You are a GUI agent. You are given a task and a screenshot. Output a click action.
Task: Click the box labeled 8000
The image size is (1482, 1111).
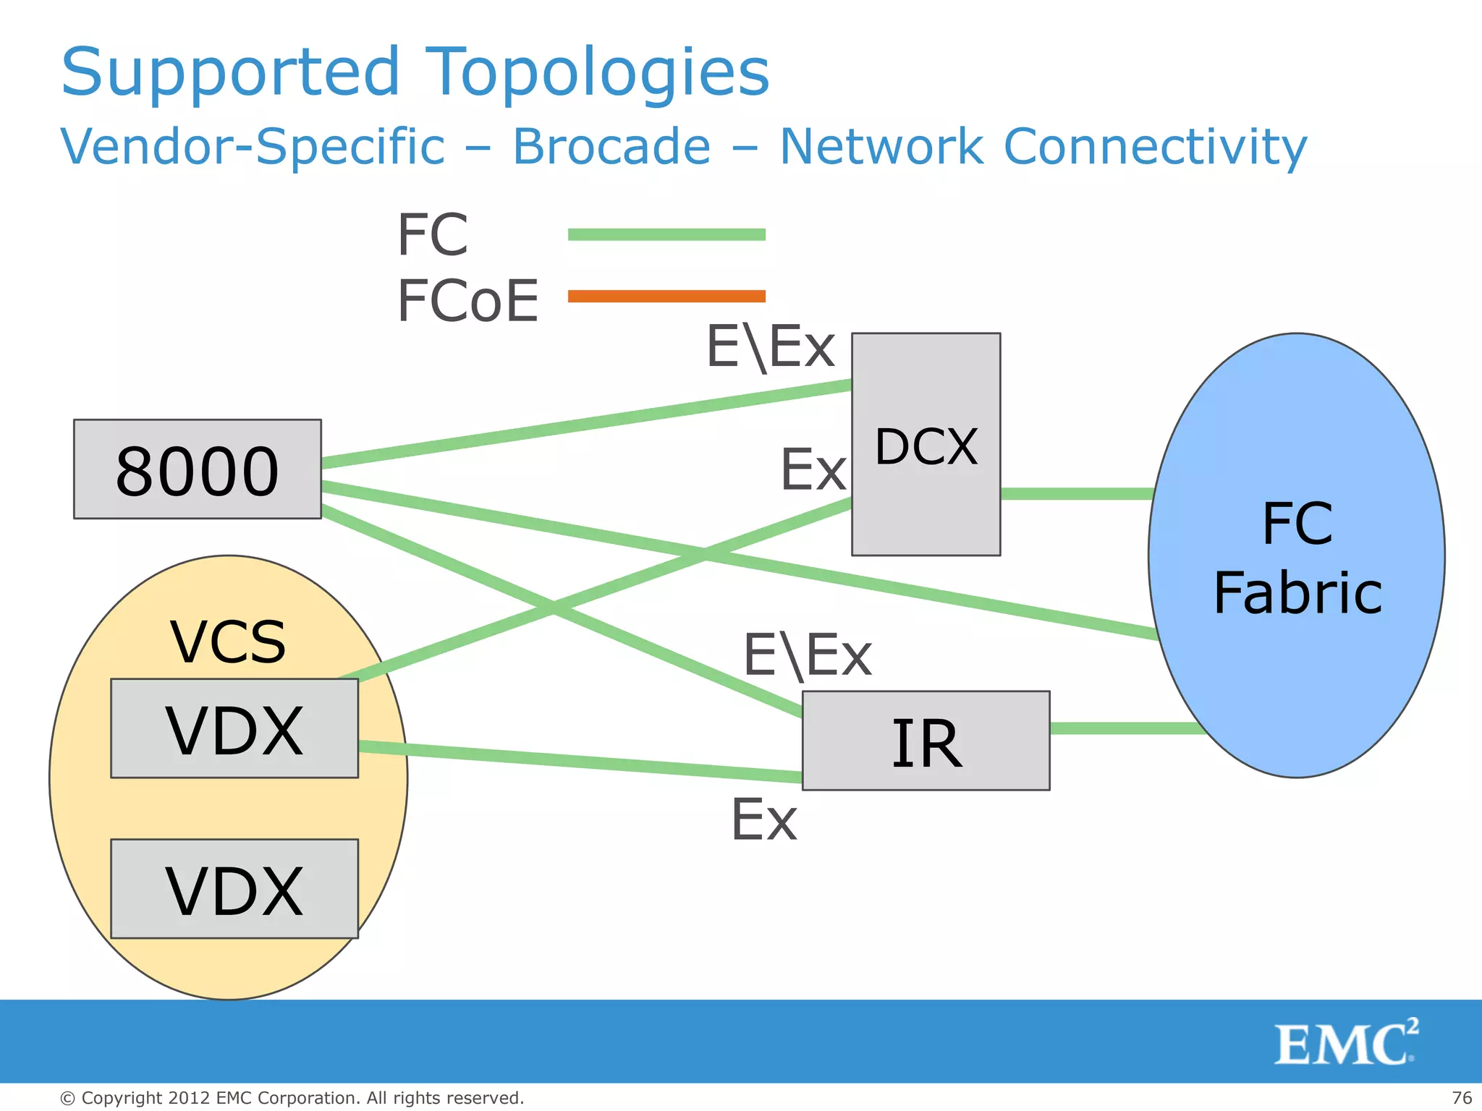(197, 469)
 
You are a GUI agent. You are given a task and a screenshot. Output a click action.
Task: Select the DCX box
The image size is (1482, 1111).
(926, 445)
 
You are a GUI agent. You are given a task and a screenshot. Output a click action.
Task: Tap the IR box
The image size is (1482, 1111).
(926, 741)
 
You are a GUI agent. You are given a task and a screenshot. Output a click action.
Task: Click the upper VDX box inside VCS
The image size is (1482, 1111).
(234, 729)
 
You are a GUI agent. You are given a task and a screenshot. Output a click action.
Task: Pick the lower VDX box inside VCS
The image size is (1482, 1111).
(234, 890)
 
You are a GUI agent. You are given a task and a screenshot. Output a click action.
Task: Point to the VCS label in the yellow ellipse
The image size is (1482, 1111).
(228, 642)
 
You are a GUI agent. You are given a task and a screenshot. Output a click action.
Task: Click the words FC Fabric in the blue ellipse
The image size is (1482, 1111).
(1297, 558)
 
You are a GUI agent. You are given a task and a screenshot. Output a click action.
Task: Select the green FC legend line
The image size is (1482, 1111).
(666, 234)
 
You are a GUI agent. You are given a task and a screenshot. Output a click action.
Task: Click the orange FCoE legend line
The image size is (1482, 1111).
(666, 296)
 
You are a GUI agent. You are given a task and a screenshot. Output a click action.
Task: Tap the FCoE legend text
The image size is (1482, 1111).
(467, 300)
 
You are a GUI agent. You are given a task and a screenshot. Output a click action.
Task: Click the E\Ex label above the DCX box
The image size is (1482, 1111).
(770, 347)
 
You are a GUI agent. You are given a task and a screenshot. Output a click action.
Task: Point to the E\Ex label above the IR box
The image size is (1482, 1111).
(807, 655)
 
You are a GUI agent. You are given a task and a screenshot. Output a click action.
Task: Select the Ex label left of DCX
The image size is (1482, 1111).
(813, 470)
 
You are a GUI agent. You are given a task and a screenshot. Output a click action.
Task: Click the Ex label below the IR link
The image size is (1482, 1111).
(764, 820)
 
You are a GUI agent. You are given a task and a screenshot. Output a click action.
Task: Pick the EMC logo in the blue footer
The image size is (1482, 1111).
(1345, 1042)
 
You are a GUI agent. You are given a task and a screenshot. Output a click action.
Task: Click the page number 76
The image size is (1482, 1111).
(1461, 1098)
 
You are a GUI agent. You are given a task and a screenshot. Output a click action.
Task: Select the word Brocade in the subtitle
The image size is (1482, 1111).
(611, 147)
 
